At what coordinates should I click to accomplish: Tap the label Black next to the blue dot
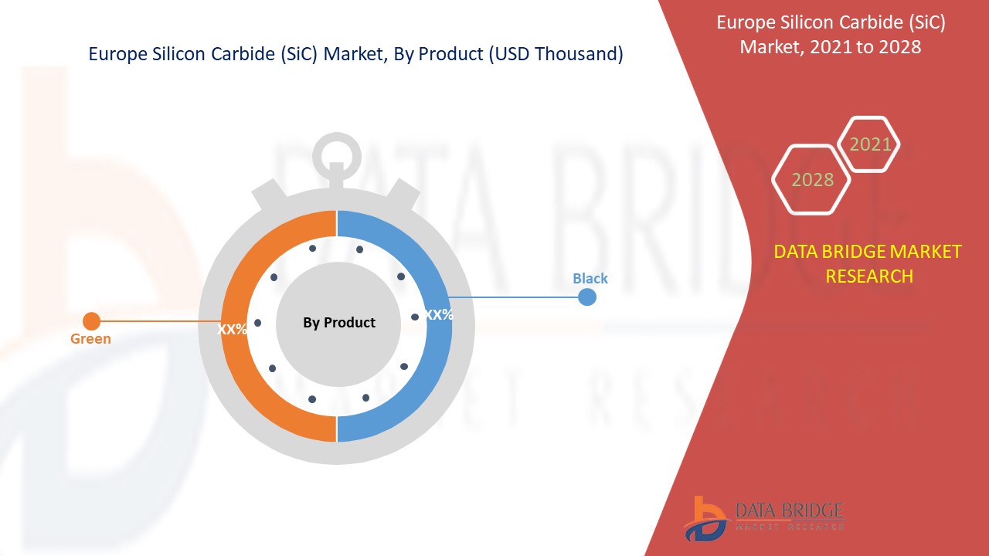pos(590,278)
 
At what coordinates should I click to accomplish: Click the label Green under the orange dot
pos(90,338)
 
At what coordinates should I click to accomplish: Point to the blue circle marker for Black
pos(587,297)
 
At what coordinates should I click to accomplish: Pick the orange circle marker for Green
pos(91,320)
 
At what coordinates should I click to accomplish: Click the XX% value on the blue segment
pos(439,315)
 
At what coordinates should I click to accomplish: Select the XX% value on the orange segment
pos(232,329)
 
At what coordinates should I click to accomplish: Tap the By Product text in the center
pos(338,323)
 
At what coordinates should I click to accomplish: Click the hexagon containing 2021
pos(870,144)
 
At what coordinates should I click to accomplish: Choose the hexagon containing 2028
pos(812,179)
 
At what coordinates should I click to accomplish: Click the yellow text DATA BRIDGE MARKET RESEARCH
pos(868,263)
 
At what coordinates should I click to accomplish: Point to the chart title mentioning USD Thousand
pos(355,54)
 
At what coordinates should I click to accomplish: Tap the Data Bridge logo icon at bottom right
pos(705,517)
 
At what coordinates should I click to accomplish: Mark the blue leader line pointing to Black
pos(514,297)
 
